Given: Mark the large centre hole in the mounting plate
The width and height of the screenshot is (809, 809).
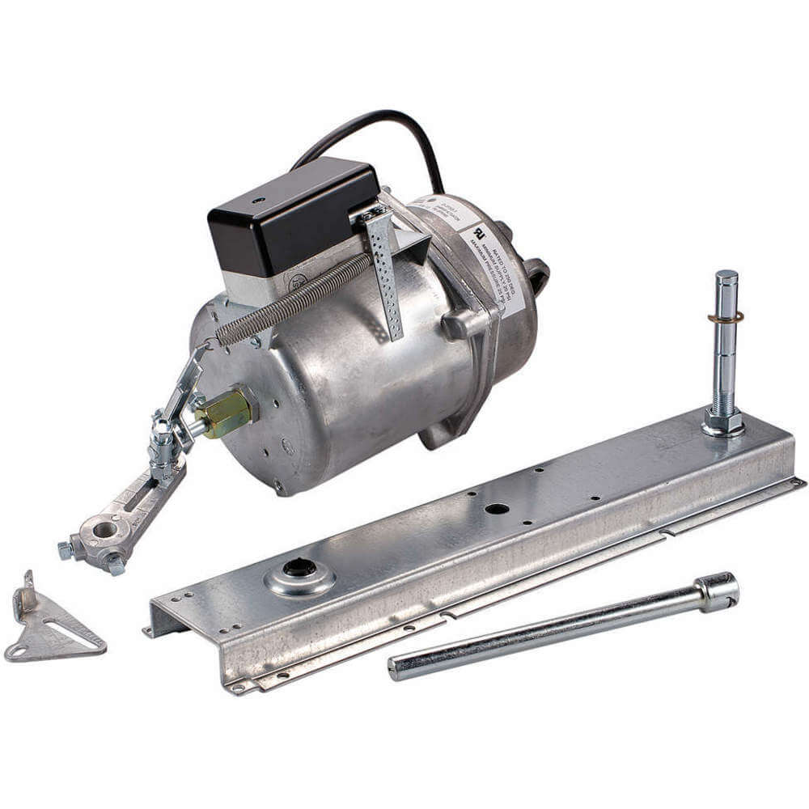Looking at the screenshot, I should [x=496, y=509].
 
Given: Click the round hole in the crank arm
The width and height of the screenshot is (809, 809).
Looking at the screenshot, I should [x=104, y=531].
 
